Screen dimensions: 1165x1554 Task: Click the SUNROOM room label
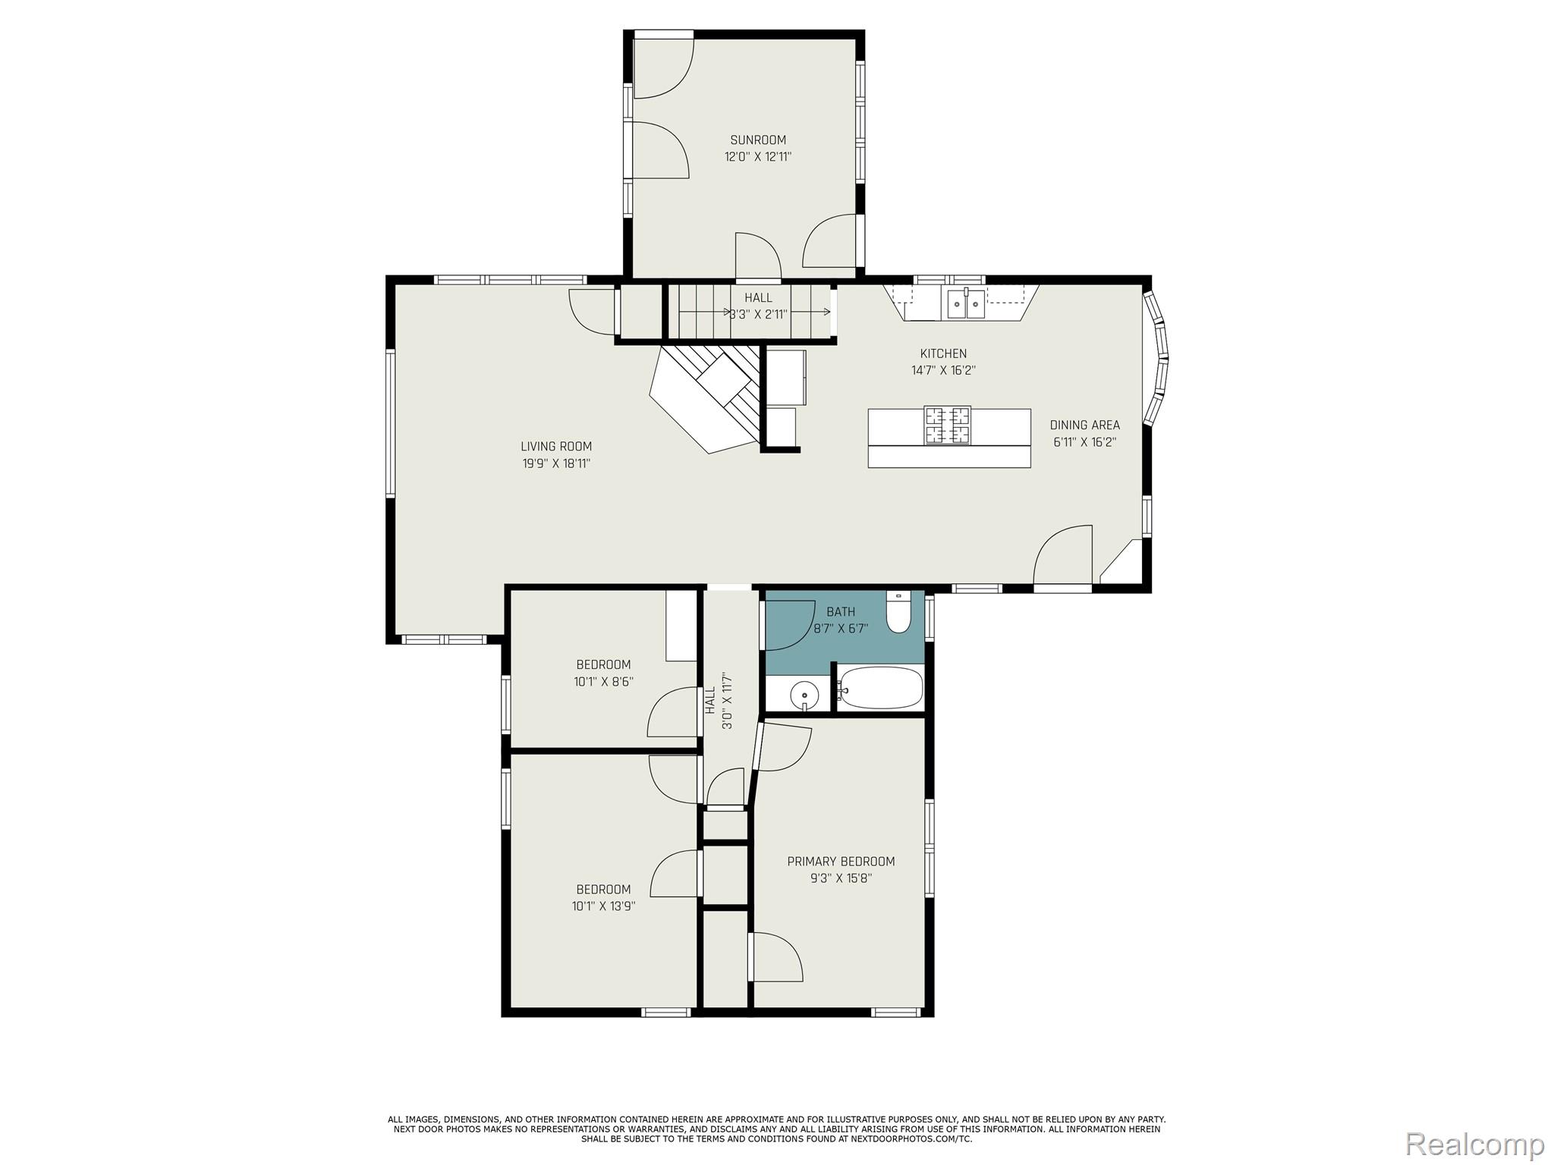757,140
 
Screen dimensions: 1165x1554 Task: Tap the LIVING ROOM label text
555,447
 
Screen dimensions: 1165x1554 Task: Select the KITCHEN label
943,353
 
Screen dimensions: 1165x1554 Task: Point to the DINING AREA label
1084,425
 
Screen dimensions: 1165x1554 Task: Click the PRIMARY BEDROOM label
840,862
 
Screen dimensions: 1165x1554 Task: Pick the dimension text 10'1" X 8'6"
603,682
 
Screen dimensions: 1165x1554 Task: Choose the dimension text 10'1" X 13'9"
603,906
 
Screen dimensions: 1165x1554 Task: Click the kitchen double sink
964,305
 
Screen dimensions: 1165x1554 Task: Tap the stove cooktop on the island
947,425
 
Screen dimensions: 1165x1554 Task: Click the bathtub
881,689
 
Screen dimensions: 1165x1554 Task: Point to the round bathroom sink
804,694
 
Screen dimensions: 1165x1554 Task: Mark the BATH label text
840,612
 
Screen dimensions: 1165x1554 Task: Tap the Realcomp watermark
1474,1144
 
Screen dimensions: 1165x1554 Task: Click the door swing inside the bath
789,626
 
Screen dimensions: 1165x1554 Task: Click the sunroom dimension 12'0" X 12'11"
757,157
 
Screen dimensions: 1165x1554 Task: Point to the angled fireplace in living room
706,398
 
